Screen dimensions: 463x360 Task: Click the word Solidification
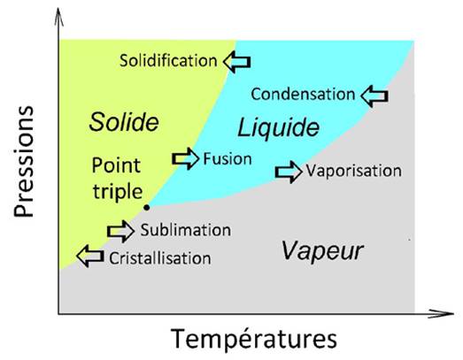pyautogui.click(x=168, y=61)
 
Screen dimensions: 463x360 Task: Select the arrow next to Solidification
pyautogui.click(x=237, y=62)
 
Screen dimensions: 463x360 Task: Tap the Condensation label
pyautogui.click(x=303, y=95)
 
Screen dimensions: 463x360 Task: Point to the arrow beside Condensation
pyautogui.click(x=374, y=96)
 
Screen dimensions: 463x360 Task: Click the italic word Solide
pyautogui.click(x=124, y=122)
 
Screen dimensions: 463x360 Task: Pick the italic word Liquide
pyautogui.click(x=279, y=127)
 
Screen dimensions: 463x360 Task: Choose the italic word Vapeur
pyautogui.click(x=322, y=251)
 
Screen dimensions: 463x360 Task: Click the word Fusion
pyautogui.click(x=228, y=158)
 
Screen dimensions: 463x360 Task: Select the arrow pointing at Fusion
pyautogui.click(x=185, y=158)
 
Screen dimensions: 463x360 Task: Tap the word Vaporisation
pyautogui.click(x=354, y=171)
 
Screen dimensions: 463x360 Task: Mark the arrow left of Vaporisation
pyautogui.click(x=289, y=172)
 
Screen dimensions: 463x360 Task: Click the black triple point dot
pyautogui.click(x=146, y=208)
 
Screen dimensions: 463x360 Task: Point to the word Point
pyautogui.click(x=116, y=165)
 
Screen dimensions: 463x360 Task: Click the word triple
pyautogui.click(x=118, y=192)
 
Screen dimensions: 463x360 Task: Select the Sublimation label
pyautogui.click(x=186, y=230)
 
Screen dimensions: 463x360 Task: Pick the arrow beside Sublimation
pyautogui.click(x=120, y=232)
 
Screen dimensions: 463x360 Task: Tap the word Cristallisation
pyautogui.click(x=160, y=258)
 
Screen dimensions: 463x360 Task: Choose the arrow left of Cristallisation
pyautogui.click(x=90, y=257)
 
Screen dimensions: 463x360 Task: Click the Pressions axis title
pyautogui.click(x=24, y=161)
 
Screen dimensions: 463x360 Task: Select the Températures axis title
pyautogui.click(x=254, y=339)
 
